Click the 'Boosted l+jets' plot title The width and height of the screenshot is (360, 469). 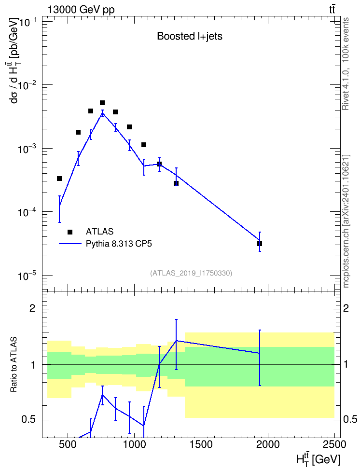190,36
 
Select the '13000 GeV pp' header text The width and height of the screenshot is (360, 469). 81,10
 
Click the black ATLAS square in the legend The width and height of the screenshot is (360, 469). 70,232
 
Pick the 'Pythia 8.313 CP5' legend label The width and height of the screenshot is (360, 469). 119,244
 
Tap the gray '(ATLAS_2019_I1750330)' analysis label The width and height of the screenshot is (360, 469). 191,273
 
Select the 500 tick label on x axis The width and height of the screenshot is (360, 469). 68,444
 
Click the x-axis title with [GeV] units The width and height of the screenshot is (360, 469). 318,459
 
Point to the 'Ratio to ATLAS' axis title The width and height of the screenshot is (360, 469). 14,365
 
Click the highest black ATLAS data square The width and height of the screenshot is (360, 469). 102,103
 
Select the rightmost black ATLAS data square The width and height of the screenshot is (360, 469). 260,244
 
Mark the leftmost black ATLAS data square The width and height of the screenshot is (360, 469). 59,179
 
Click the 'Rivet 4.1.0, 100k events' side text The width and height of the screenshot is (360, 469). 346,64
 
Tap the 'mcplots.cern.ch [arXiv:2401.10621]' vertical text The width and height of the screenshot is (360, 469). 346,221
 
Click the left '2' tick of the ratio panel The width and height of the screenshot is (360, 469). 32,308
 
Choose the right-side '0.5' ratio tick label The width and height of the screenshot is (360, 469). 350,420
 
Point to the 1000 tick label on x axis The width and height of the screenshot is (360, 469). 134,444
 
